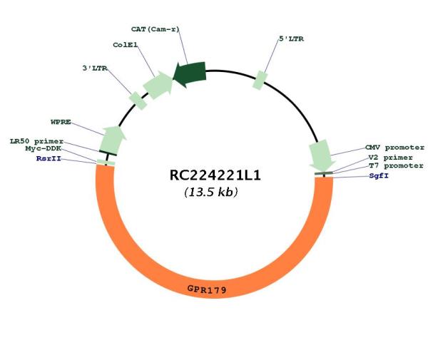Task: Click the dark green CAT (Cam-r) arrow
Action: click(x=190, y=74)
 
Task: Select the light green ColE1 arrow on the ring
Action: click(x=158, y=85)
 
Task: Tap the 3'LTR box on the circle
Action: click(x=138, y=101)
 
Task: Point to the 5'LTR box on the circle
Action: click(x=260, y=80)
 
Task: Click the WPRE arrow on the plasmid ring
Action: click(x=113, y=140)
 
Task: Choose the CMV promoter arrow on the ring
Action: click(x=322, y=155)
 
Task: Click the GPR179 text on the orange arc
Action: click(x=207, y=289)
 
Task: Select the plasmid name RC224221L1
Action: click(x=215, y=175)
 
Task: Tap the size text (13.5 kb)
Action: click(x=211, y=192)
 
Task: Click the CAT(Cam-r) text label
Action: click(x=155, y=29)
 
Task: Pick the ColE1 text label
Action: click(x=126, y=45)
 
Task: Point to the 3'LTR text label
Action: click(x=95, y=68)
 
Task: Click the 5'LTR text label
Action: click(x=291, y=39)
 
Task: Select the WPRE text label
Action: click(x=61, y=122)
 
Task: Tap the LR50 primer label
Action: click(x=36, y=141)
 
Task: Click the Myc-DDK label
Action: click(x=44, y=149)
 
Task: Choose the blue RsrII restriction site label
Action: click(x=49, y=158)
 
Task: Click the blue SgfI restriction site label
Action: click(x=379, y=176)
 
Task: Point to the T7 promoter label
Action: click(x=396, y=166)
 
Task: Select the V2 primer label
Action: click(x=390, y=158)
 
